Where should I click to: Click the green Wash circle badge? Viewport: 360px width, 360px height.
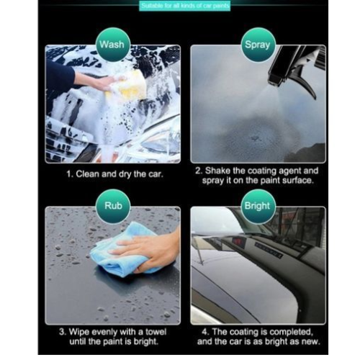tap(112, 45)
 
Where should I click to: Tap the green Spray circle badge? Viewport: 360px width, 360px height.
tap(257, 45)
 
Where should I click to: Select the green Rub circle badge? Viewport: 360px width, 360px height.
tap(112, 204)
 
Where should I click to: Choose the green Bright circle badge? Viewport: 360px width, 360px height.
tap(257, 205)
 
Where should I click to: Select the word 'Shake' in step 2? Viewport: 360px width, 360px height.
tap(221, 171)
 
